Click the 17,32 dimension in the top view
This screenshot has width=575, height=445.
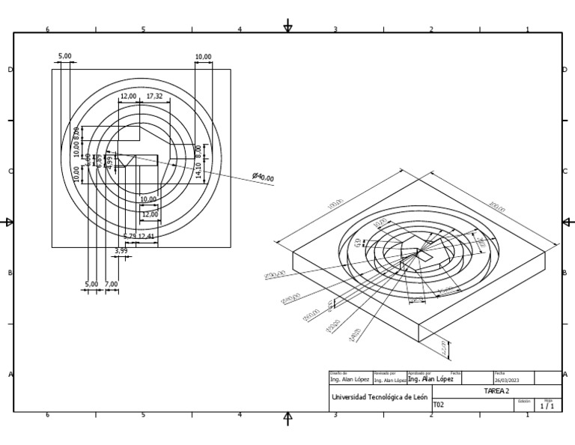(x=155, y=97)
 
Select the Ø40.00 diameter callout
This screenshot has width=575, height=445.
(x=264, y=178)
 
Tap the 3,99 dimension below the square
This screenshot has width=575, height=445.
(x=121, y=251)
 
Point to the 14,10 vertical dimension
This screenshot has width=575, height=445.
(x=198, y=170)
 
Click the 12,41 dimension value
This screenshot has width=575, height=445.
(x=147, y=237)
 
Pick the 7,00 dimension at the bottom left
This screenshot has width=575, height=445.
(x=112, y=285)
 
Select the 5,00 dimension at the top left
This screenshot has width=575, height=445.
(x=65, y=56)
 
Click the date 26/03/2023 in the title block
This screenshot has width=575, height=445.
(x=507, y=381)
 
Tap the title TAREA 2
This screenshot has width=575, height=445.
(x=496, y=391)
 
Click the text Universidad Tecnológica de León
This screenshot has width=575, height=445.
(x=379, y=397)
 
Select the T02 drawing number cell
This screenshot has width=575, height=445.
(x=439, y=405)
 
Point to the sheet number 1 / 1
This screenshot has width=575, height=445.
(x=548, y=406)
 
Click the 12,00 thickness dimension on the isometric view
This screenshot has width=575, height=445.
(x=445, y=349)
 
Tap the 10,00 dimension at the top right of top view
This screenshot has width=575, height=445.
(x=203, y=57)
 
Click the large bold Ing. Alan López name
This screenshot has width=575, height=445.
(x=431, y=380)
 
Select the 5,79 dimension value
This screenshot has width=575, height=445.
(x=130, y=237)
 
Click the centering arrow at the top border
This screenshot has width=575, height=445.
(x=288, y=28)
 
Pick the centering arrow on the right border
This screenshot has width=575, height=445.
(x=568, y=222)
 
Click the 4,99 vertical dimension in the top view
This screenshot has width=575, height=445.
(x=110, y=163)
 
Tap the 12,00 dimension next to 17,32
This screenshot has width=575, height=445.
(x=129, y=97)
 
